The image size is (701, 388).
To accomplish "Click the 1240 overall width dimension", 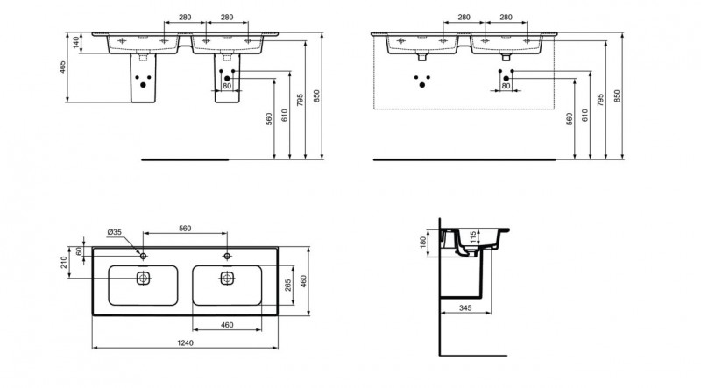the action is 185,342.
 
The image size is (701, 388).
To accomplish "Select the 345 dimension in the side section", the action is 465,308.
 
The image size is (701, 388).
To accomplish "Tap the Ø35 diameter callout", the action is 115,232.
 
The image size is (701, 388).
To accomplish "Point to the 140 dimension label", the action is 76,43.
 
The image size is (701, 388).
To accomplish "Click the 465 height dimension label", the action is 62,67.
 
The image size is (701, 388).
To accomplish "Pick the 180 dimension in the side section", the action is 424,243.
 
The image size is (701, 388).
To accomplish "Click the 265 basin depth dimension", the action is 288,286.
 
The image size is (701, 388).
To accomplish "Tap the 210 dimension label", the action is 63,262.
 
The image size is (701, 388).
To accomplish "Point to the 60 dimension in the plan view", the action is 79,251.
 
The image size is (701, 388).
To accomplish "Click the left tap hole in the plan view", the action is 143,256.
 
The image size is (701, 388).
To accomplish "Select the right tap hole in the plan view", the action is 227,256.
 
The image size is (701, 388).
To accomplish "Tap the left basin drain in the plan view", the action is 143,279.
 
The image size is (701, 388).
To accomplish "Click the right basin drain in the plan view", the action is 227,279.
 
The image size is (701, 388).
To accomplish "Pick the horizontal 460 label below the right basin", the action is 227,325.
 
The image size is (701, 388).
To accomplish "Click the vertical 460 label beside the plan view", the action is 303,281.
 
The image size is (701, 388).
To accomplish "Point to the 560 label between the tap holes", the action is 185,229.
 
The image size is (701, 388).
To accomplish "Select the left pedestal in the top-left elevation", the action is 143,78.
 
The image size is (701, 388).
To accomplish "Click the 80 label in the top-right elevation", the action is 506,86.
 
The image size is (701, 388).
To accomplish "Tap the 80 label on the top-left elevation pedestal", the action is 227,86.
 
